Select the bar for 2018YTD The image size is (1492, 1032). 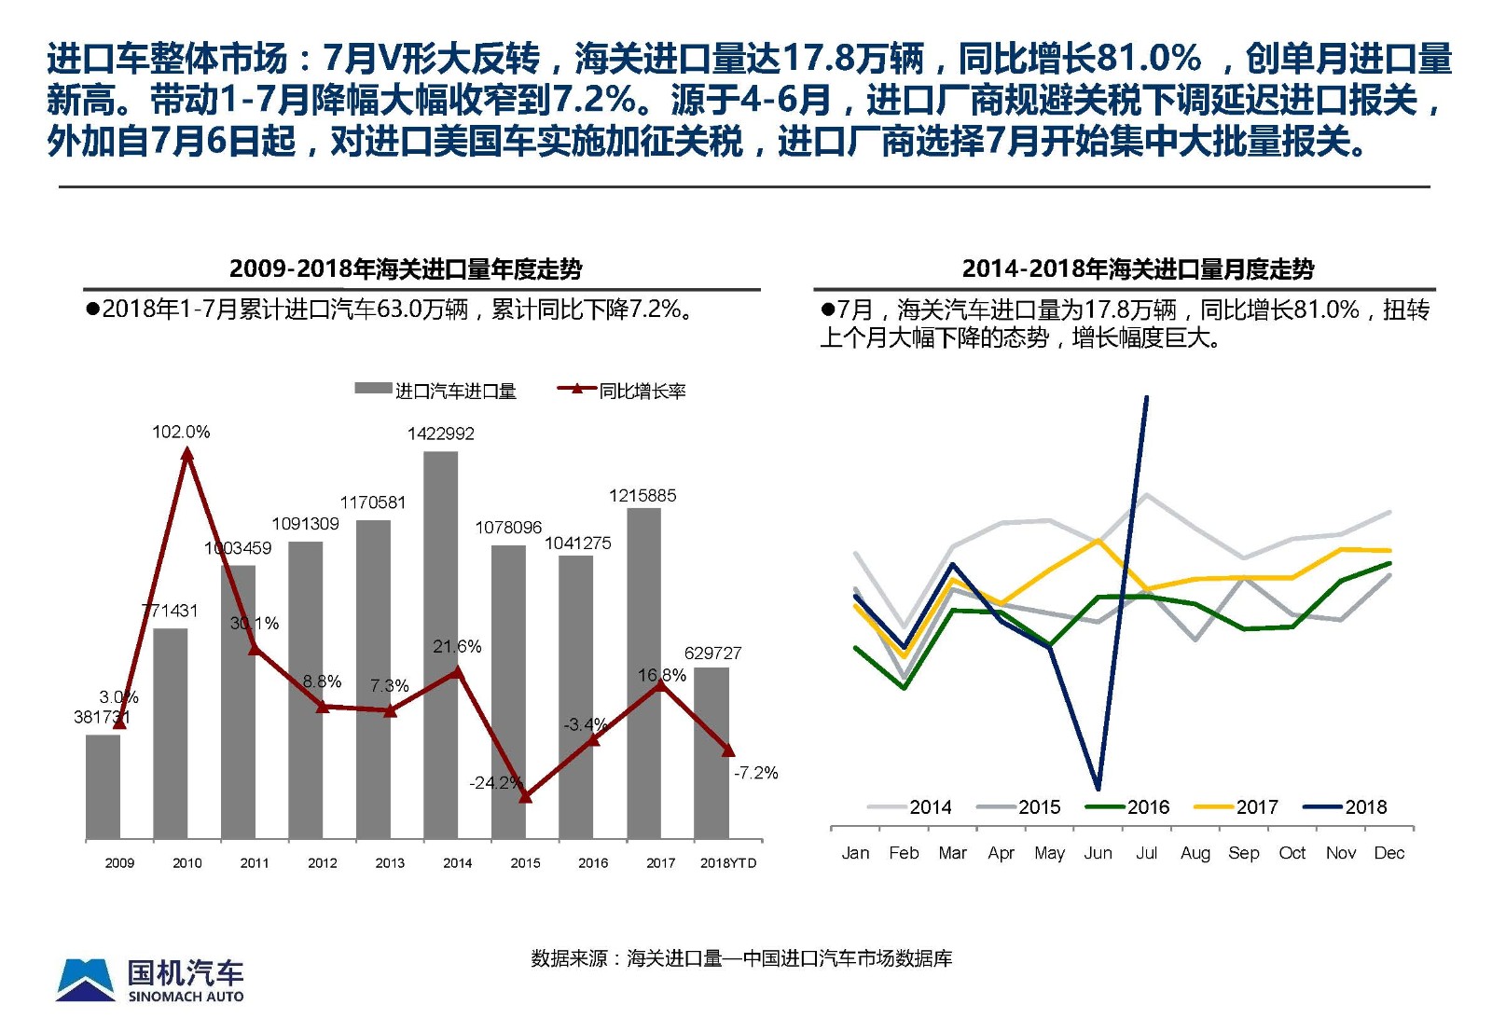(711, 753)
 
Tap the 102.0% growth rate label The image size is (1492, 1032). (181, 432)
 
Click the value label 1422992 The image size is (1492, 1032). (440, 433)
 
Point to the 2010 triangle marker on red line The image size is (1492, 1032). (187, 454)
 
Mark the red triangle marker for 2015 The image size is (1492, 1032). (525, 797)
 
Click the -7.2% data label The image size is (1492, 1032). (755, 773)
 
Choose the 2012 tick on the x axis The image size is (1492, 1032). (323, 863)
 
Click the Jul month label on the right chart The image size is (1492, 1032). (1146, 853)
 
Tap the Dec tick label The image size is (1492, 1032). (1388, 853)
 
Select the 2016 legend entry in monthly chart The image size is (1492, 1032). (1127, 807)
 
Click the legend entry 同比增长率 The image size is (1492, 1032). (622, 392)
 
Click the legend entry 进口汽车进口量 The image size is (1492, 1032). (435, 392)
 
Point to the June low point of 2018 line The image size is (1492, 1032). (1098, 788)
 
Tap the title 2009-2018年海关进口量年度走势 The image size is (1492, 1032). (406, 269)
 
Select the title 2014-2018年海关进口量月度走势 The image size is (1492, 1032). (1138, 269)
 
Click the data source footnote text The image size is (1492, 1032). (741, 958)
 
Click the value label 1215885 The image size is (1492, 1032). (642, 496)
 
